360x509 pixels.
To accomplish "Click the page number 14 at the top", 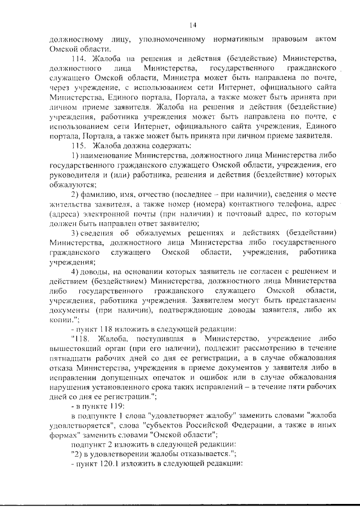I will (x=192, y=24).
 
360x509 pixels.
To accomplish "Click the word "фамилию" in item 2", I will (x=107, y=194).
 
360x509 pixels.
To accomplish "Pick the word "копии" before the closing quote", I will (x=61, y=319).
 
